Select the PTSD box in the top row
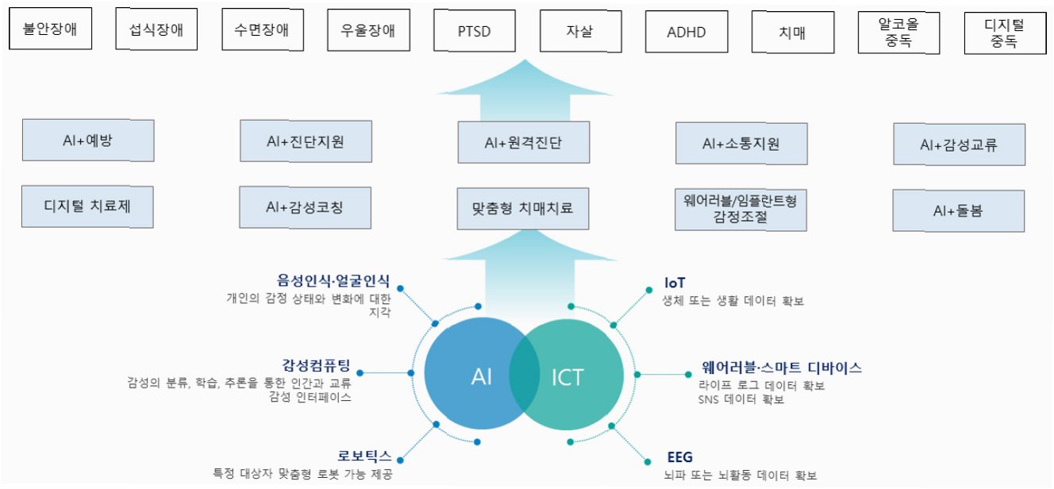[474, 32]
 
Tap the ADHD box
[687, 32]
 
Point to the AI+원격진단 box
[524, 143]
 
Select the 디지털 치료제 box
[87, 208]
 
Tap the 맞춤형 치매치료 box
[524, 210]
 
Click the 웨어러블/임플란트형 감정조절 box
[740, 209]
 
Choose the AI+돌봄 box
[958, 210]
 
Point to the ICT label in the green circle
[567, 377]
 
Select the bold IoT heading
[675, 283]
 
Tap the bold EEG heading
[680, 457]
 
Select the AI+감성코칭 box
[306, 208]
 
